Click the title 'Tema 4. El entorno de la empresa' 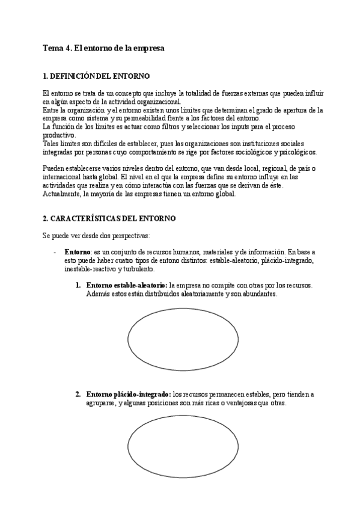(103, 48)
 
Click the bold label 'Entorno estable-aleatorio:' (127, 284)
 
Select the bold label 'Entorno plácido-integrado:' (129, 395)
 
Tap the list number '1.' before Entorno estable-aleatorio (79, 284)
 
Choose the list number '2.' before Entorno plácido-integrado (79, 395)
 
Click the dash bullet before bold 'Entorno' (55, 251)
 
